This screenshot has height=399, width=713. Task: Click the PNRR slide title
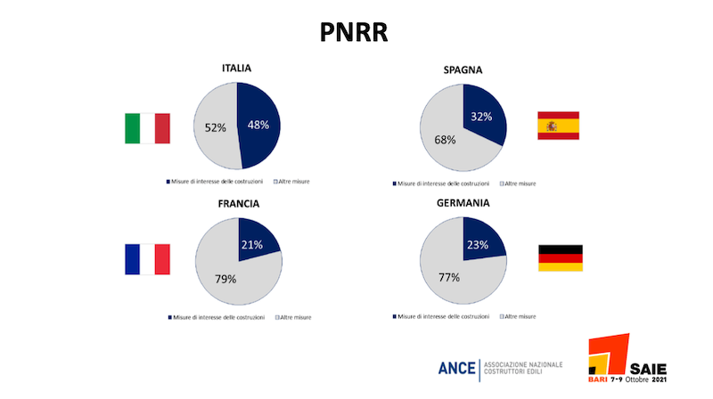click(354, 32)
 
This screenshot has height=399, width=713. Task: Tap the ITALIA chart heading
click(236, 69)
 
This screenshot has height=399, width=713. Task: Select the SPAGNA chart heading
click(463, 70)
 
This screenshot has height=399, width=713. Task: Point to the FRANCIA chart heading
click(238, 204)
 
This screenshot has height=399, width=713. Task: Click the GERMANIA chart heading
click(463, 203)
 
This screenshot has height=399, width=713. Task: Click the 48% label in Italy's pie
click(258, 125)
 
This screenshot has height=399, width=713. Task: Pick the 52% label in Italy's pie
click(215, 127)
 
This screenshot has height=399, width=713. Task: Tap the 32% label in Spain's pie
click(481, 117)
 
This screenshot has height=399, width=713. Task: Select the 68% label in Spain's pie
click(445, 140)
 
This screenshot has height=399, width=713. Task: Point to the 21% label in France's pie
click(252, 246)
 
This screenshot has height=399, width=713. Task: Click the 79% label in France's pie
click(225, 279)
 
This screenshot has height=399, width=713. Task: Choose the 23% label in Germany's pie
click(478, 246)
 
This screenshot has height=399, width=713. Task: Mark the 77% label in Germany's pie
click(449, 277)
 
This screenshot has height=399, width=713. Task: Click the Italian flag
click(147, 128)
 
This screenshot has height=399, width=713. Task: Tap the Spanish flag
click(559, 126)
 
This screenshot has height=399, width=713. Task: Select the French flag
click(147, 259)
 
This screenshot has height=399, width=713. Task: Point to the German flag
click(561, 258)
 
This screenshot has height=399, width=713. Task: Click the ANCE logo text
click(457, 368)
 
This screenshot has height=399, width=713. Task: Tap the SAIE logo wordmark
click(648, 369)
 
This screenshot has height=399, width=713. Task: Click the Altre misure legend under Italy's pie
click(291, 182)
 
